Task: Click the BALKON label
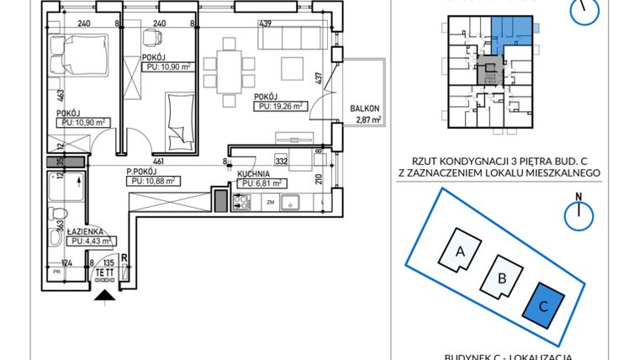[x=366, y=109]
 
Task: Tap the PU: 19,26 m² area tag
[x=281, y=106]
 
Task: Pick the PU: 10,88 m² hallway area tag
[x=151, y=180]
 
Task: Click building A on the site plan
[x=461, y=250]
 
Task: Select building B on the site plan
[x=502, y=276]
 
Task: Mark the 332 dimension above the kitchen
[x=282, y=159]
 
